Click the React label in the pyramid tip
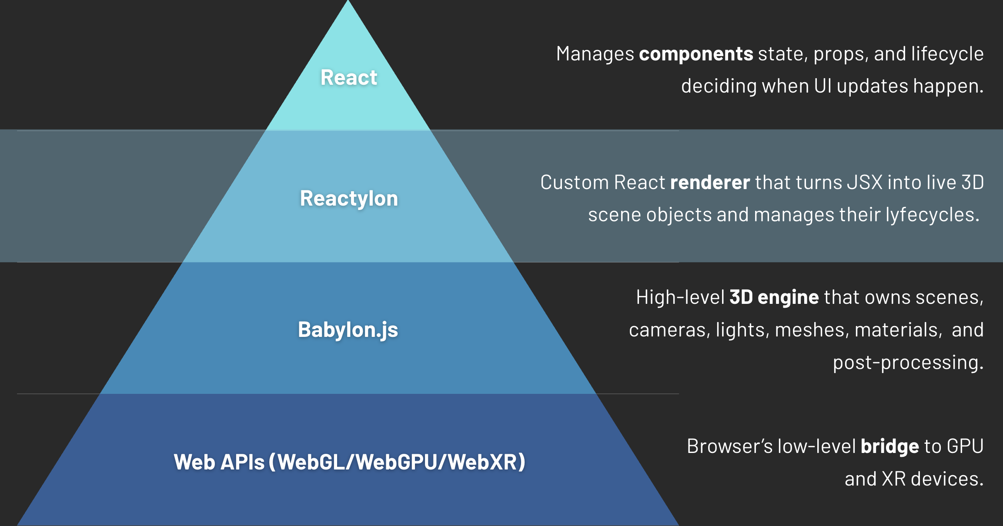coord(348,78)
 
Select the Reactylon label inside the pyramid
coord(349,199)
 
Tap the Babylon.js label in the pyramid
coord(348,330)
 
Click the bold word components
coord(696,54)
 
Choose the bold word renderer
coord(710,183)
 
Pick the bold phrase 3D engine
coord(774,297)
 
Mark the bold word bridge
coord(889,446)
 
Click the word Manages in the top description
coord(595,54)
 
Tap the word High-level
coord(680,297)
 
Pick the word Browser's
coord(729,446)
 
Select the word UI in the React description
coord(823,86)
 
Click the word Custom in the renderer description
coord(575,183)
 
